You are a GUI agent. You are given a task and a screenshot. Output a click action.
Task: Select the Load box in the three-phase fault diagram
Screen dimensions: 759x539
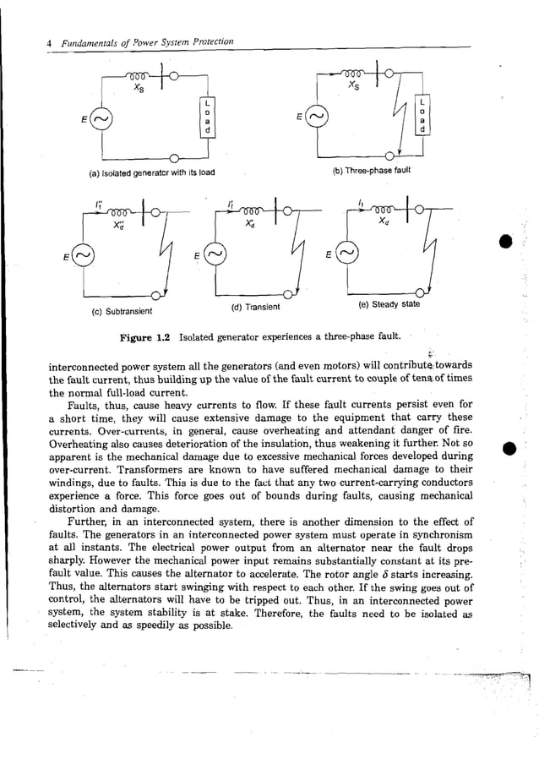pos(422,118)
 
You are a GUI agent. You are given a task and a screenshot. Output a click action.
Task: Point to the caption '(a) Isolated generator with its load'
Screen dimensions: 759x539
pos(152,173)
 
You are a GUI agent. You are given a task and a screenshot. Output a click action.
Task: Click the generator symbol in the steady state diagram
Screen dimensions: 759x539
pos(347,253)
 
